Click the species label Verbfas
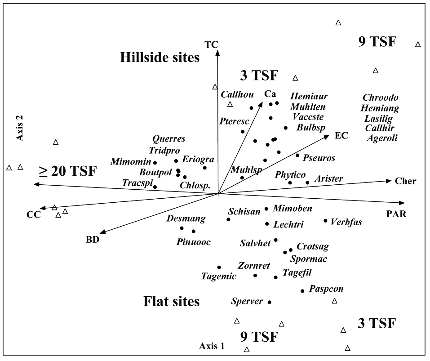tap(346, 222)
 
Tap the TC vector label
tap(211, 44)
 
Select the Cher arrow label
tap(406, 181)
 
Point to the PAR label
tap(396, 214)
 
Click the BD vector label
tap(92, 239)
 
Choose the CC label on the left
tap(33, 214)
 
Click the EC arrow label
tap(342, 135)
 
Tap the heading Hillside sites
tap(160, 58)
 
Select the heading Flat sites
tap(171, 301)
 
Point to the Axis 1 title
tap(212, 346)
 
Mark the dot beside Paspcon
tap(303, 291)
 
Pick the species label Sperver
tap(247, 301)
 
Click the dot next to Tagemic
tap(219, 267)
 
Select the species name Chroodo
tap(380, 98)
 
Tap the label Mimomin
tap(130, 161)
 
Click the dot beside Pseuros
tap(297, 156)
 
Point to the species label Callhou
tap(237, 94)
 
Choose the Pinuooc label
tap(194, 241)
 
